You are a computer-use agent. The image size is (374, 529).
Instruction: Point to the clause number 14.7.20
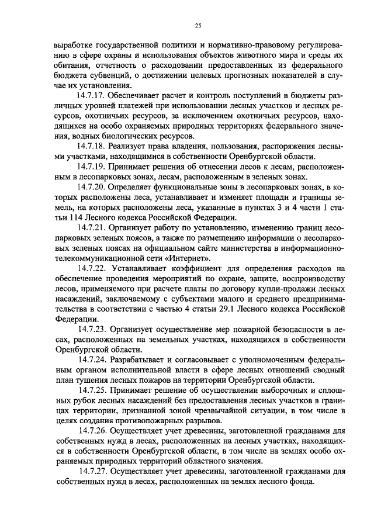pos(92,186)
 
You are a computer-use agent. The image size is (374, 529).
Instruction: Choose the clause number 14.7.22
pos(92,268)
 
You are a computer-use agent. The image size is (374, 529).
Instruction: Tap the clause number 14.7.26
pos(92,432)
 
